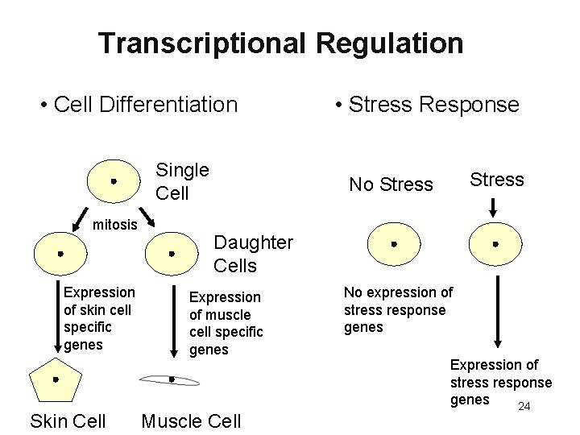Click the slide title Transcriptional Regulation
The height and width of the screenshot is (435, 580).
tap(280, 43)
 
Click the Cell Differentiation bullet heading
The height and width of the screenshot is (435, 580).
tap(139, 105)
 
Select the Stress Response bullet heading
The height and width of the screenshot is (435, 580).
tap(428, 105)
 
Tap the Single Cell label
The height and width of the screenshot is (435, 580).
tap(182, 181)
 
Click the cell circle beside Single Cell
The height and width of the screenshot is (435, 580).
tap(114, 182)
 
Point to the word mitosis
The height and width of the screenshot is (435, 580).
tap(115, 225)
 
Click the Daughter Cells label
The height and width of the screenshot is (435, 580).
tap(253, 254)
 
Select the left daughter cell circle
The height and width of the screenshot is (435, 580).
tap(60, 254)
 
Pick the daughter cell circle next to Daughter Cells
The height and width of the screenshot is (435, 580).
tap(172, 254)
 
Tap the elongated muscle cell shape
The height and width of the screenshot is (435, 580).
tap(172, 379)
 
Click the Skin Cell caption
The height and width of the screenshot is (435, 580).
tap(68, 420)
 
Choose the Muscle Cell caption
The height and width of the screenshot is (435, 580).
tap(191, 420)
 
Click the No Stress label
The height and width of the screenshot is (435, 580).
tap(391, 185)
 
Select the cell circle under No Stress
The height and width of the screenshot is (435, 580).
tap(394, 244)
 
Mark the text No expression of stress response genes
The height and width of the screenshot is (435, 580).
tap(398, 310)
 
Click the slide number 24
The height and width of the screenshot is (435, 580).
tap(524, 406)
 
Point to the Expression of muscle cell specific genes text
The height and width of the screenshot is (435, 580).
tap(226, 323)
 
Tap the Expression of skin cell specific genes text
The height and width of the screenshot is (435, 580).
tap(99, 318)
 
